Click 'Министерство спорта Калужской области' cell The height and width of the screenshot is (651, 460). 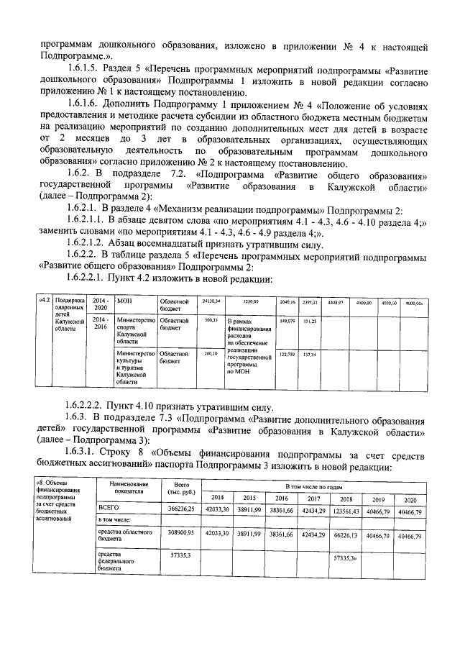(x=135, y=331)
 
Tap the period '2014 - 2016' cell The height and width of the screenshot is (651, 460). (x=101, y=323)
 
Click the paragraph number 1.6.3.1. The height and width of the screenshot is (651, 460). (x=85, y=455)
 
